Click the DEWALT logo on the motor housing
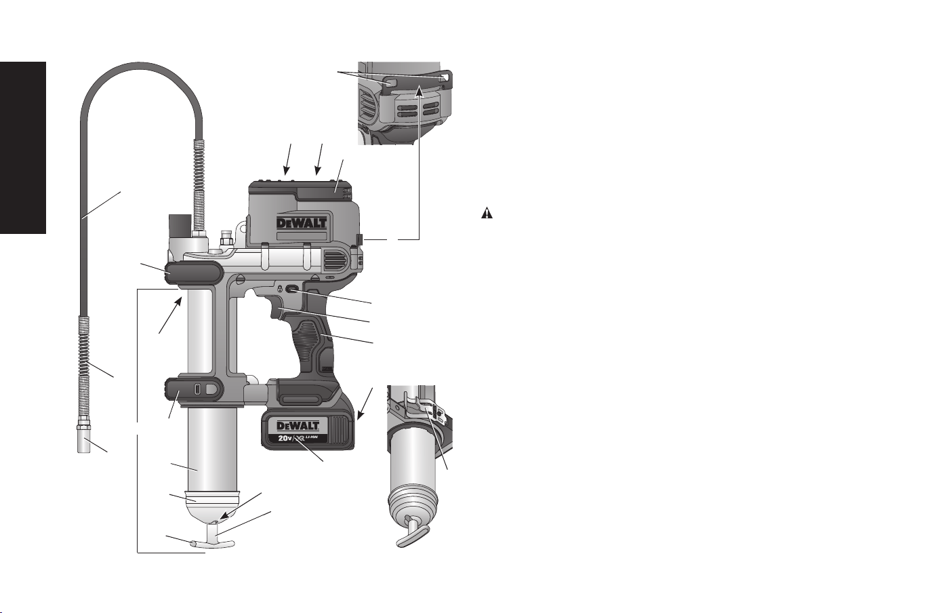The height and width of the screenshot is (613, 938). pos(301,222)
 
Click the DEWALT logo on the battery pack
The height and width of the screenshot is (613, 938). pos(298,427)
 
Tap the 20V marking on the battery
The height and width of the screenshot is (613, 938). pos(285,439)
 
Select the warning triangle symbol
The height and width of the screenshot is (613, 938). pos(487,214)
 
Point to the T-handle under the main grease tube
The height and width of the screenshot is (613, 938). pos(212,538)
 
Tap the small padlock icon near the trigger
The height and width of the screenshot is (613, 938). pos(279,289)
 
